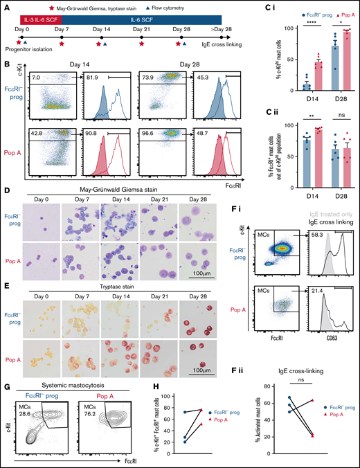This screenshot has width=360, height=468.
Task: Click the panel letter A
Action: click(x=6, y=6)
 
